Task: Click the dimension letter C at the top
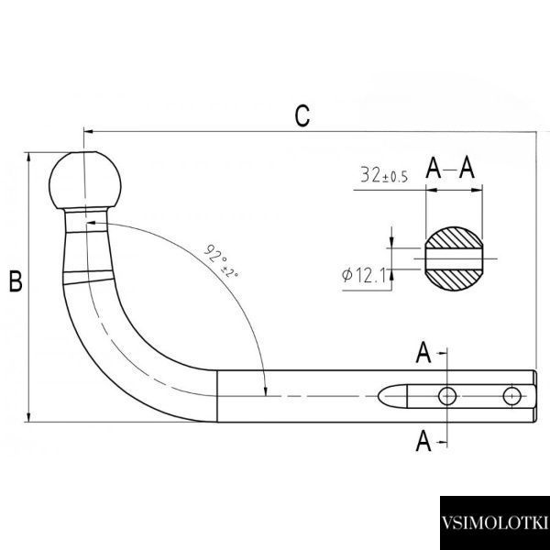click(302, 115)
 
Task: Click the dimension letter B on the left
click(16, 281)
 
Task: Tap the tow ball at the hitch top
click(85, 181)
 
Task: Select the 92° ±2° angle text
click(221, 260)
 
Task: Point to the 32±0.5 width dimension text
click(384, 175)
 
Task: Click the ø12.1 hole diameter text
click(363, 275)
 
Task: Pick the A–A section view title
click(450, 168)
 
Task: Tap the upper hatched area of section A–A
click(454, 237)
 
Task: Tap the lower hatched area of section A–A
click(454, 280)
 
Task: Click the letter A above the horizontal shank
click(423, 352)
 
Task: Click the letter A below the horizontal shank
click(423, 441)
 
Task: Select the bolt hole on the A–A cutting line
click(447, 396)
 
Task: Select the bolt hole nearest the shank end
click(511, 396)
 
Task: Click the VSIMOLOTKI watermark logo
click(495, 522)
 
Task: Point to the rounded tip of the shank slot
click(379, 396)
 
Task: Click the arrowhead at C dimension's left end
click(88, 131)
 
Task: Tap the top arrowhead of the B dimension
click(28, 157)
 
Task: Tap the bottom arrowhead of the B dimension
click(28, 417)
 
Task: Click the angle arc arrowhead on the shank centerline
click(266, 391)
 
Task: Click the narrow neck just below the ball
click(85, 220)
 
